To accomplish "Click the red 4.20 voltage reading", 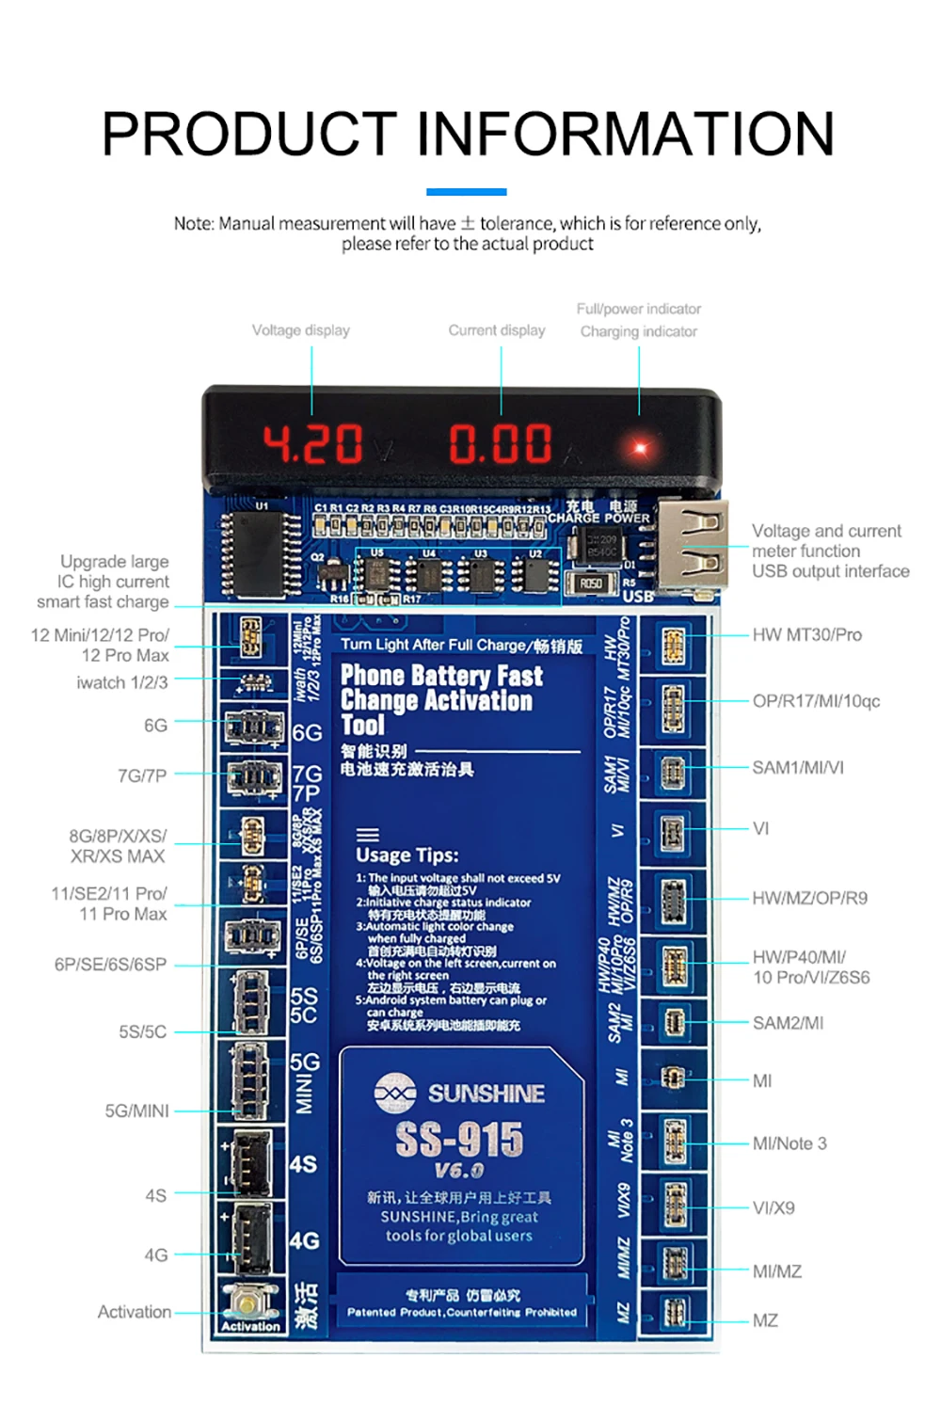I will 312,444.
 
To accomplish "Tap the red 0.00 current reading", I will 500,444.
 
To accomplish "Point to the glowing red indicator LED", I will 640,447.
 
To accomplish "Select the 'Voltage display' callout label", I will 300,330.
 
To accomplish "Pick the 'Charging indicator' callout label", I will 638,331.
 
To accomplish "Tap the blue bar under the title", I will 467,192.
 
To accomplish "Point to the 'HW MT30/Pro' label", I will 806,635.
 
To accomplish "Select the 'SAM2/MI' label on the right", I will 788,1023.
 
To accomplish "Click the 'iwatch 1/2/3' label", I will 122,682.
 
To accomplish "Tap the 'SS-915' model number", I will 459,1140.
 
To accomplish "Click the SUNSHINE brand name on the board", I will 486,1094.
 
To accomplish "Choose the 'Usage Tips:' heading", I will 407,855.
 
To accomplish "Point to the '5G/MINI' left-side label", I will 137,1111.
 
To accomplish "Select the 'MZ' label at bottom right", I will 765,1321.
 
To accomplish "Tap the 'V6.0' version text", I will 458,1172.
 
